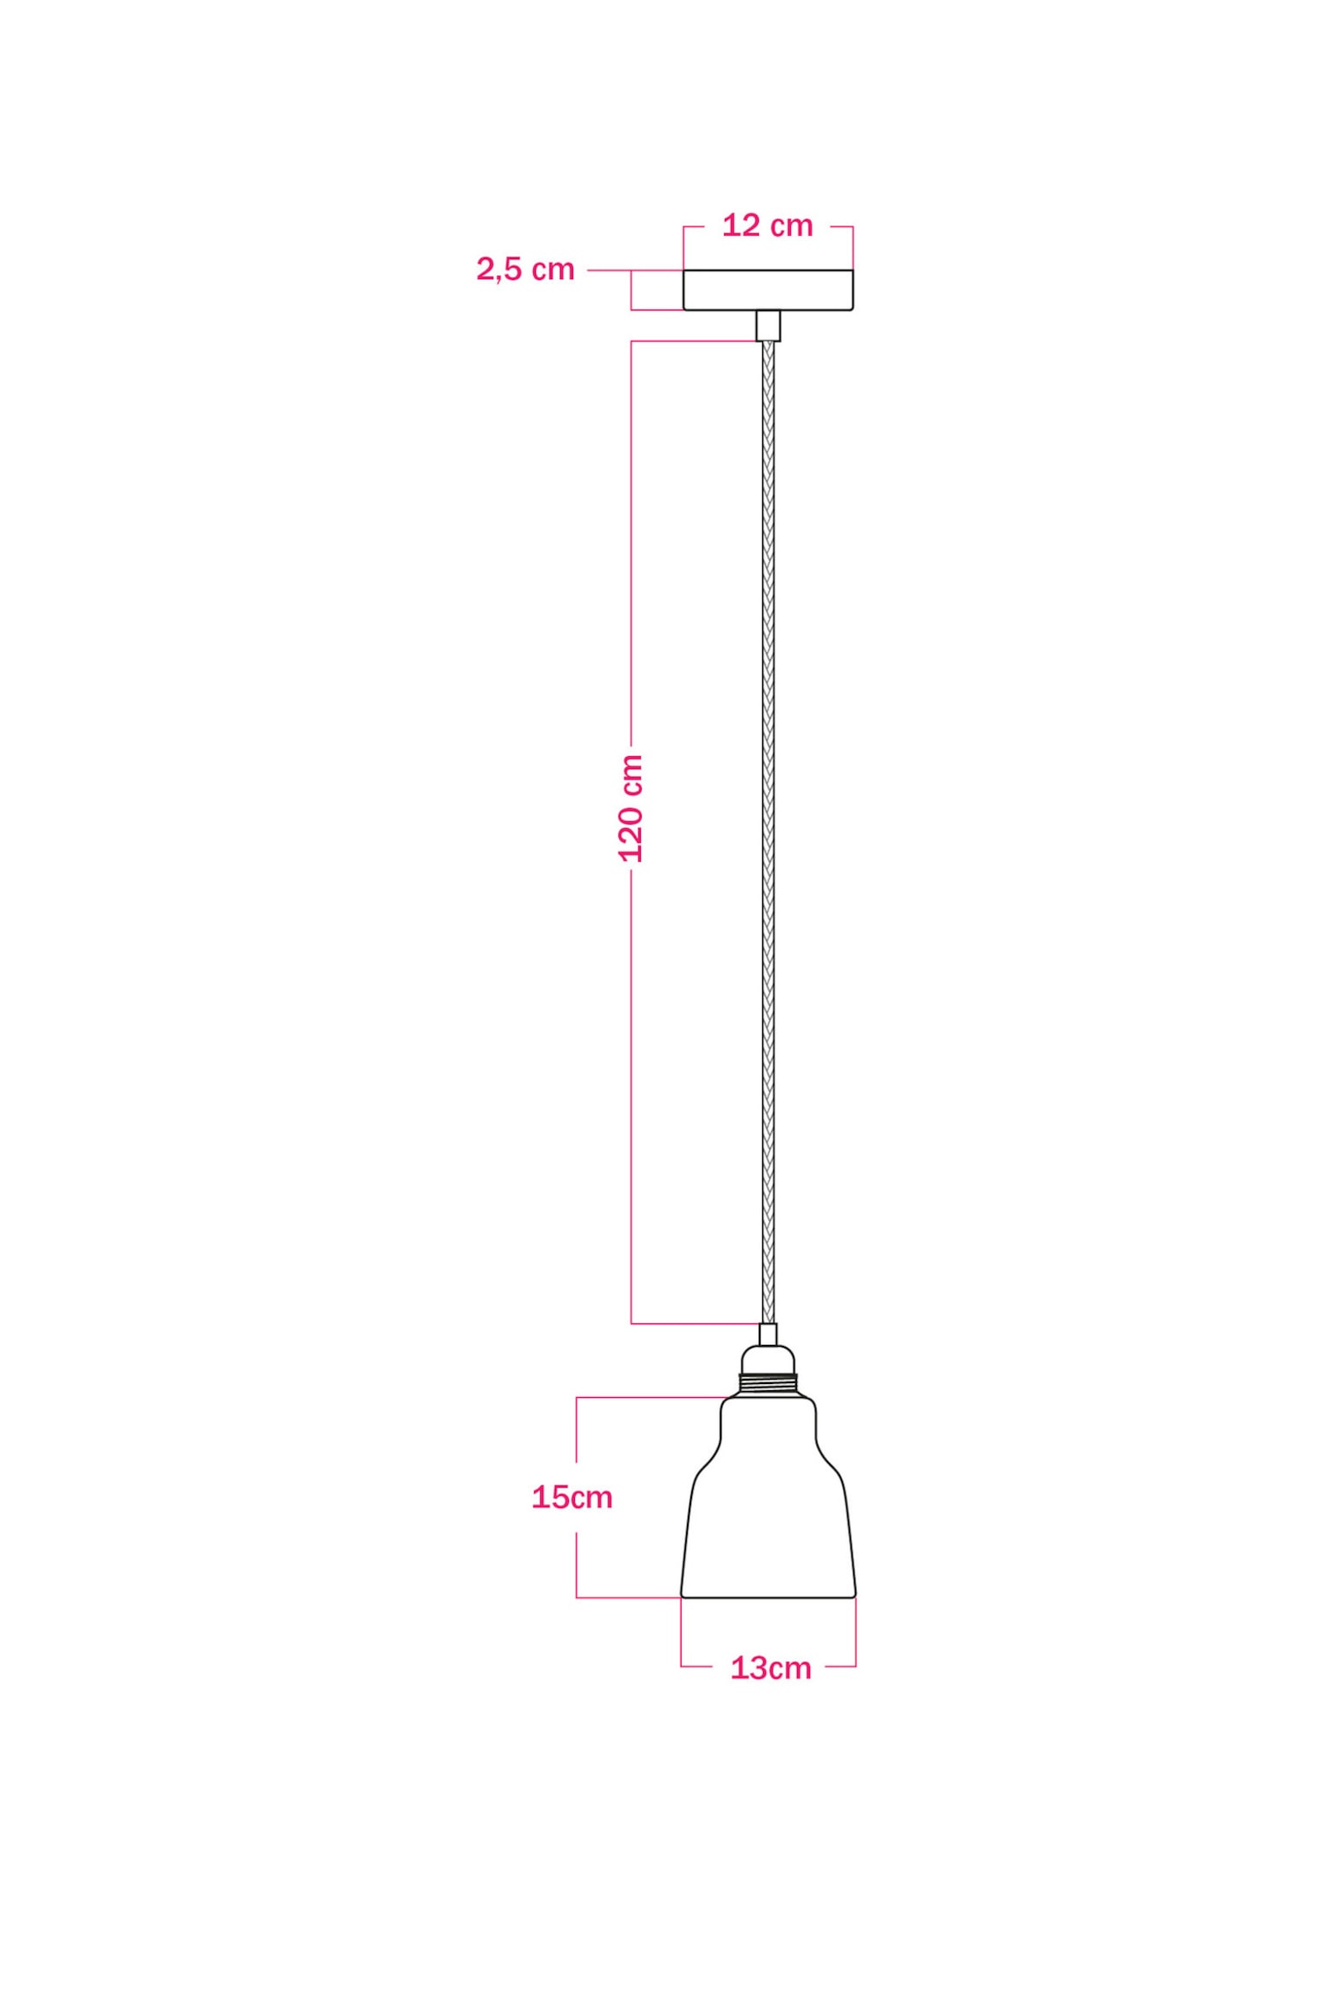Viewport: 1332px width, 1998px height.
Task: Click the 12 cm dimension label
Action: point(767,226)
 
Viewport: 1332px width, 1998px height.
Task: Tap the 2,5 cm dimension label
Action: point(526,270)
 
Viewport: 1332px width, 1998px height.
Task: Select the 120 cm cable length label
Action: point(630,807)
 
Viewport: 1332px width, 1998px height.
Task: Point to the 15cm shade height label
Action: point(572,1497)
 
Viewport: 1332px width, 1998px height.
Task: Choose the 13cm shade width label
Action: point(771,1668)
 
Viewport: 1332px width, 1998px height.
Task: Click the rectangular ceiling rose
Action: point(767,290)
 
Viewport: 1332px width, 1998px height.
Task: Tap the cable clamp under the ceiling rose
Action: point(767,325)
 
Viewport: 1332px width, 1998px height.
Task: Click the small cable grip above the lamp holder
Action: point(768,1334)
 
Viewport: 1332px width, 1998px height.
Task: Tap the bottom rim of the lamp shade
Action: point(768,1595)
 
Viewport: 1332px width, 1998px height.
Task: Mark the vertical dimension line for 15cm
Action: point(577,1440)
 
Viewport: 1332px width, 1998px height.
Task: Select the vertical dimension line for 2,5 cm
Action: point(631,290)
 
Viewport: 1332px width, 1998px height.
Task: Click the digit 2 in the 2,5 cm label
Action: point(485,270)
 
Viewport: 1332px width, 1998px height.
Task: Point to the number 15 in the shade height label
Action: point(551,1497)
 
